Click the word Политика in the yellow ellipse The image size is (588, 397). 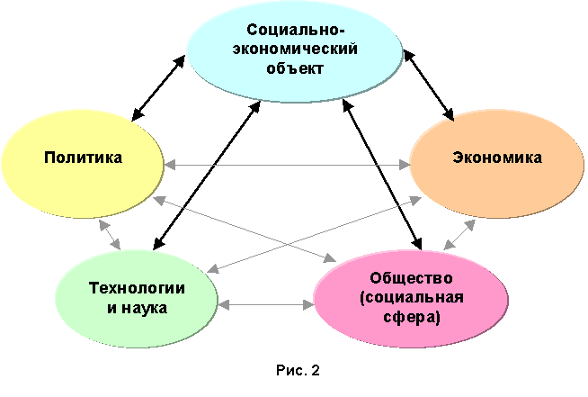[84, 158]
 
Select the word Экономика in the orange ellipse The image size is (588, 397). [497, 158]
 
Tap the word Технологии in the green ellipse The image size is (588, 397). [137, 288]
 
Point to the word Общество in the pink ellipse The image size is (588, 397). [412, 278]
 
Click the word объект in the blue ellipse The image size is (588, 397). [295, 68]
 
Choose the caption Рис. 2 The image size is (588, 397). [298, 370]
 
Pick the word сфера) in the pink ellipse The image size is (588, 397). [412, 318]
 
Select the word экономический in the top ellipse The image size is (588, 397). [295, 50]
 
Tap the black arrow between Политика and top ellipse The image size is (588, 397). [158, 88]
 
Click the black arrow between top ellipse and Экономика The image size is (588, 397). [429, 86]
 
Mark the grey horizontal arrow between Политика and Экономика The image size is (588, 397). [287, 165]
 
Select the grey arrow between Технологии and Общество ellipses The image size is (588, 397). [266, 304]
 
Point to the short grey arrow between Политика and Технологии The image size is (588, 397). [110, 235]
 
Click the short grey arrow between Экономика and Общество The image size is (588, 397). [459, 235]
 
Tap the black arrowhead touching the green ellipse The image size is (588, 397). [158, 243]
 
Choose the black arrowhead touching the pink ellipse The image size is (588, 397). [416, 243]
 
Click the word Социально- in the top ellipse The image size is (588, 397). [295, 30]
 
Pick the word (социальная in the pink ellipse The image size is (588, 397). [412, 298]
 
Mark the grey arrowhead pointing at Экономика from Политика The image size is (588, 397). [405, 165]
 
